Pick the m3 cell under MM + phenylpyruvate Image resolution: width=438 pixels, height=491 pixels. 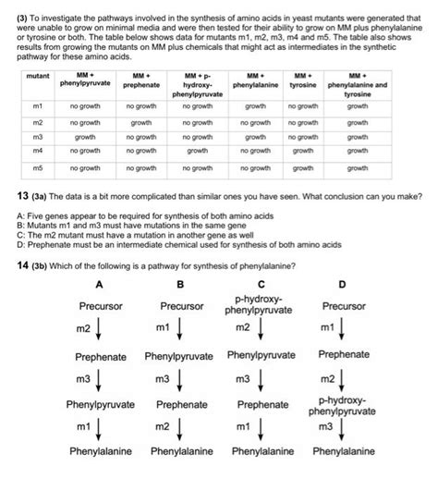(x=84, y=136)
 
